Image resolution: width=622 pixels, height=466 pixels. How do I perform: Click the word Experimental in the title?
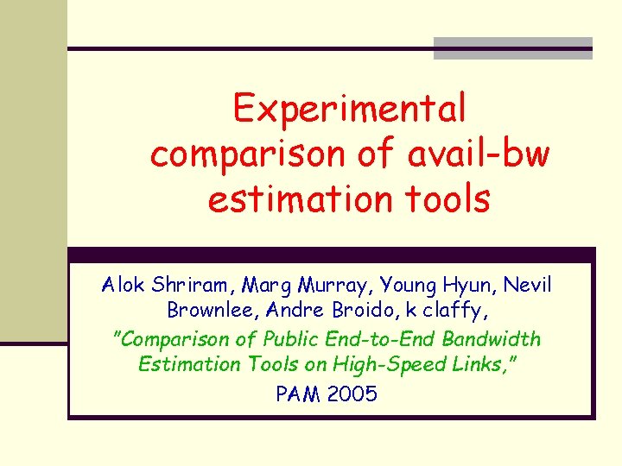[349, 110]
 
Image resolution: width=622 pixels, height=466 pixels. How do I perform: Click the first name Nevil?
[528, 285]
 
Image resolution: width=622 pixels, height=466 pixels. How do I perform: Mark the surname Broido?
[363, 310]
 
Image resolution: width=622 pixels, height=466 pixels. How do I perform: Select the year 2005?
[353, 394]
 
